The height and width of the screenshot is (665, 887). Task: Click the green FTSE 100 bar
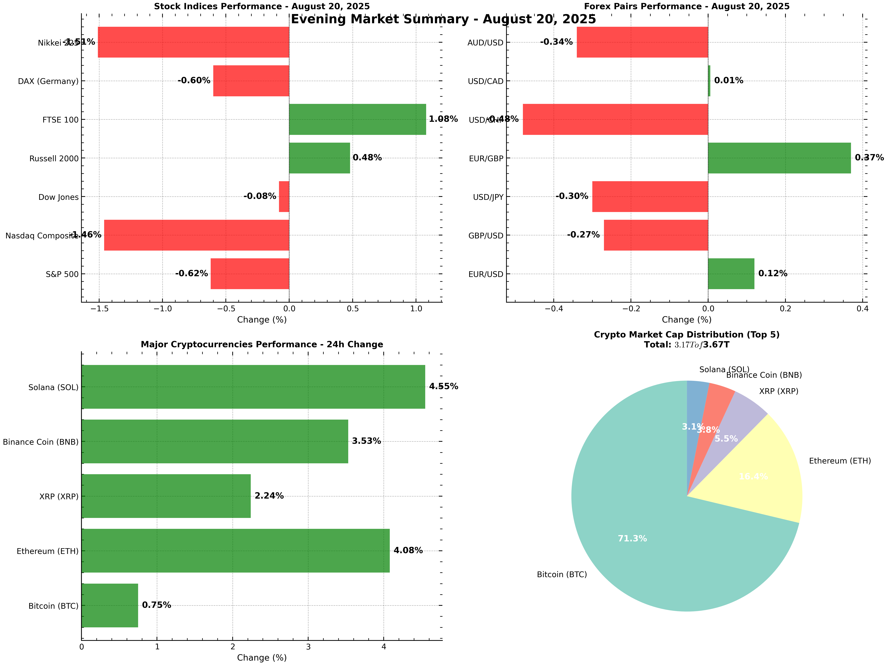(x=357, y=119)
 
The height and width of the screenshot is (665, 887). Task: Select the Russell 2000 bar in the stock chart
(x=319, y=158)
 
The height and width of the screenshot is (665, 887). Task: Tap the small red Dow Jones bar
(x=284, y=196)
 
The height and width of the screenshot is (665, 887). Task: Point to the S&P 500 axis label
(x=62, y=274)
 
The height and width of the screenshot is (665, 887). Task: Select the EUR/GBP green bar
(x=779, y=158)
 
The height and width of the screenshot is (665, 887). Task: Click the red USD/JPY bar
(x=650, y=196)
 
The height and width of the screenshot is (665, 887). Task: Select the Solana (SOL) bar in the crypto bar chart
(x=253, y=387)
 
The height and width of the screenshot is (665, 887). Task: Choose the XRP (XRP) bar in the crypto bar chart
(x=166, y=496)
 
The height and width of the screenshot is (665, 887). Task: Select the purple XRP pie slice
(x=734, y=425)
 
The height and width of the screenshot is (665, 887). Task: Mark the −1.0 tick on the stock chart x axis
(x=162, y=309)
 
